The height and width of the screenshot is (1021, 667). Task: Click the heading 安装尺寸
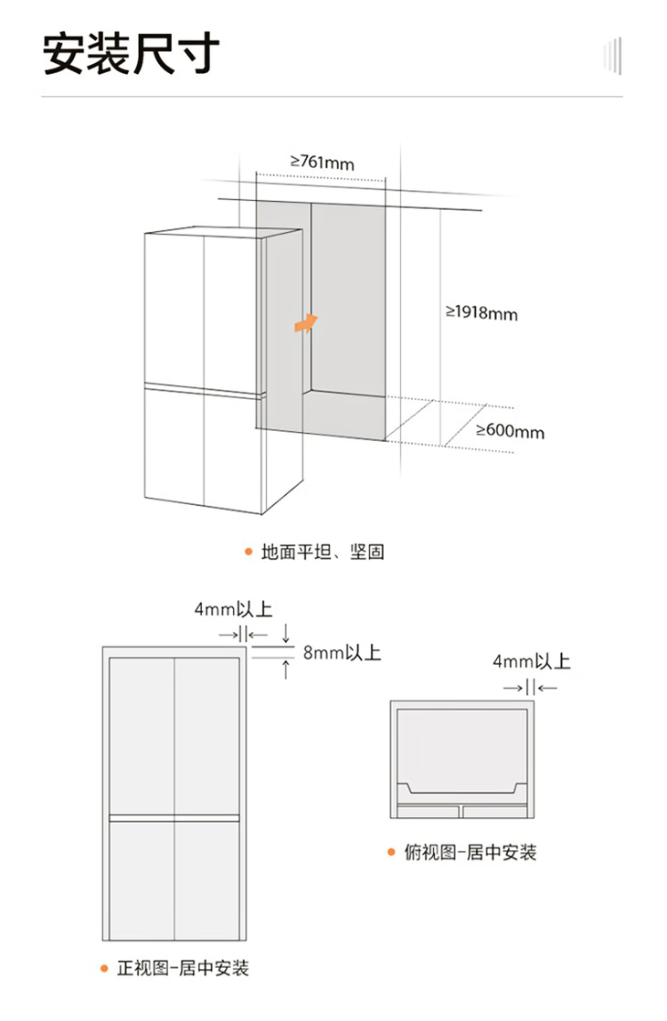132,54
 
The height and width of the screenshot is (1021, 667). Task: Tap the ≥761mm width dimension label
322,163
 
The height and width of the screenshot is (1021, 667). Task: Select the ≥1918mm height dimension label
482,313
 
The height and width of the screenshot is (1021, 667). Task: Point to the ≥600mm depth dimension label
510,430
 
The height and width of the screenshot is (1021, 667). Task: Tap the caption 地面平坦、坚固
323,552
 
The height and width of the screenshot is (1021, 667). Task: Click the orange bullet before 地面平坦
247,552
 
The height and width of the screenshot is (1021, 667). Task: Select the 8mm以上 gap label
342,653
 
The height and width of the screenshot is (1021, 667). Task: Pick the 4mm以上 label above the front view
233,609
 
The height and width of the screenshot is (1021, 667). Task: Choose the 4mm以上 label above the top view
531,661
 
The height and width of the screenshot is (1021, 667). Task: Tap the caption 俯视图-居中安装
471,852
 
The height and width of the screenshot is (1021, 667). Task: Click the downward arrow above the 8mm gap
287,632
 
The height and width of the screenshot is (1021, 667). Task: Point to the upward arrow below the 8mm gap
287,669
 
